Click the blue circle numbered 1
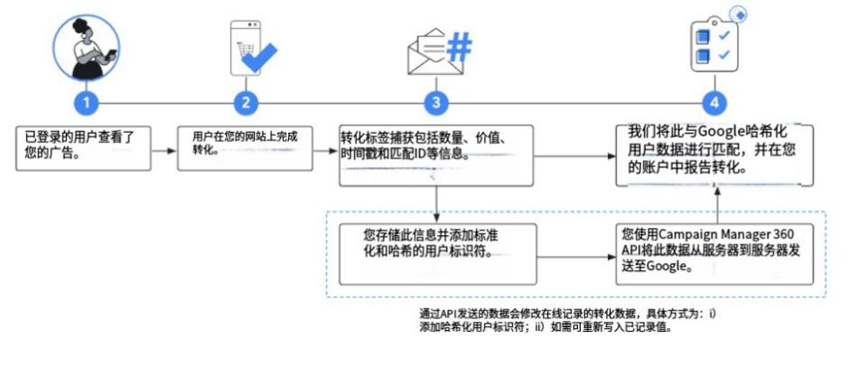pos(87,103)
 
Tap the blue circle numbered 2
pos(246,103)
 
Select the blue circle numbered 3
pos(436,103)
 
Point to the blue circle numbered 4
pos(714,103)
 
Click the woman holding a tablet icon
pos(87,48)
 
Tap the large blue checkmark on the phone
pos(259,57)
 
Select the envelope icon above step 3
pos(427,52)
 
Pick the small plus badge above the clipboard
pos(738,14)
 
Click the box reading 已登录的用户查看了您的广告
pos(83,148)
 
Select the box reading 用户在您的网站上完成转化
pos(245,148)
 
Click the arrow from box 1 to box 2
pos(164,150)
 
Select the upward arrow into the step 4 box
pos(718,205)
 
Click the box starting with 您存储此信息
pos(437,254)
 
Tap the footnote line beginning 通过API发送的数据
pos(567,314)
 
